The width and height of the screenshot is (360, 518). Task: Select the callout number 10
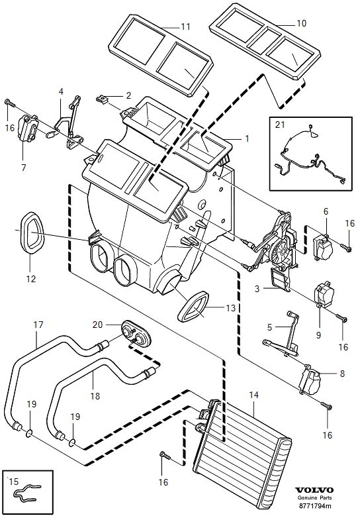[301, 23]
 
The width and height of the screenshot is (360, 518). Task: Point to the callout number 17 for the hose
[38, 325]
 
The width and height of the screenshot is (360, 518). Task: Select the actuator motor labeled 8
[312, 380]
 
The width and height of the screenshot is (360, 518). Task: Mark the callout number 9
[318, 335]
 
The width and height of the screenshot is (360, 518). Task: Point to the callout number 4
[61, 91]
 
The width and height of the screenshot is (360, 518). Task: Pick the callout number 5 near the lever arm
[270, 327]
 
